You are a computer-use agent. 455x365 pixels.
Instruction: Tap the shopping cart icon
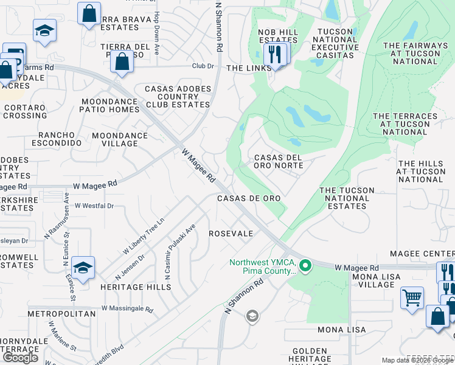tap(412, 298)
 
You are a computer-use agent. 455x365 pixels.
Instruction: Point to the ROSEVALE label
tap(231, 234)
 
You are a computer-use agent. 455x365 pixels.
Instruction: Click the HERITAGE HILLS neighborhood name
tap(141, 287)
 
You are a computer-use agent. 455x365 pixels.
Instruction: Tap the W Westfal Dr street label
tap(94, 206)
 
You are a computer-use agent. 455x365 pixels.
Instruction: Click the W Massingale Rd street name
tap(127, 309)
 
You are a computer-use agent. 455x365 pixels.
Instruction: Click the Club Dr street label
tap(203, 66)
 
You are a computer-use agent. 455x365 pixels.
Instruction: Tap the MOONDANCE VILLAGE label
tap(119, 139)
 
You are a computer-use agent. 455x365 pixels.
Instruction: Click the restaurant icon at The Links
tap(275, 54)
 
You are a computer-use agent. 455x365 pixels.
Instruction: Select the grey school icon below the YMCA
tap(252, 316)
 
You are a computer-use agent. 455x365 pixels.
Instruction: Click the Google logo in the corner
tap(21, 358)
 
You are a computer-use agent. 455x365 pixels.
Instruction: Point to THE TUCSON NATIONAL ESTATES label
tap(347, 198)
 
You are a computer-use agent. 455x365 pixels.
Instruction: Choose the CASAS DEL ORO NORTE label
tap(278, 162)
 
